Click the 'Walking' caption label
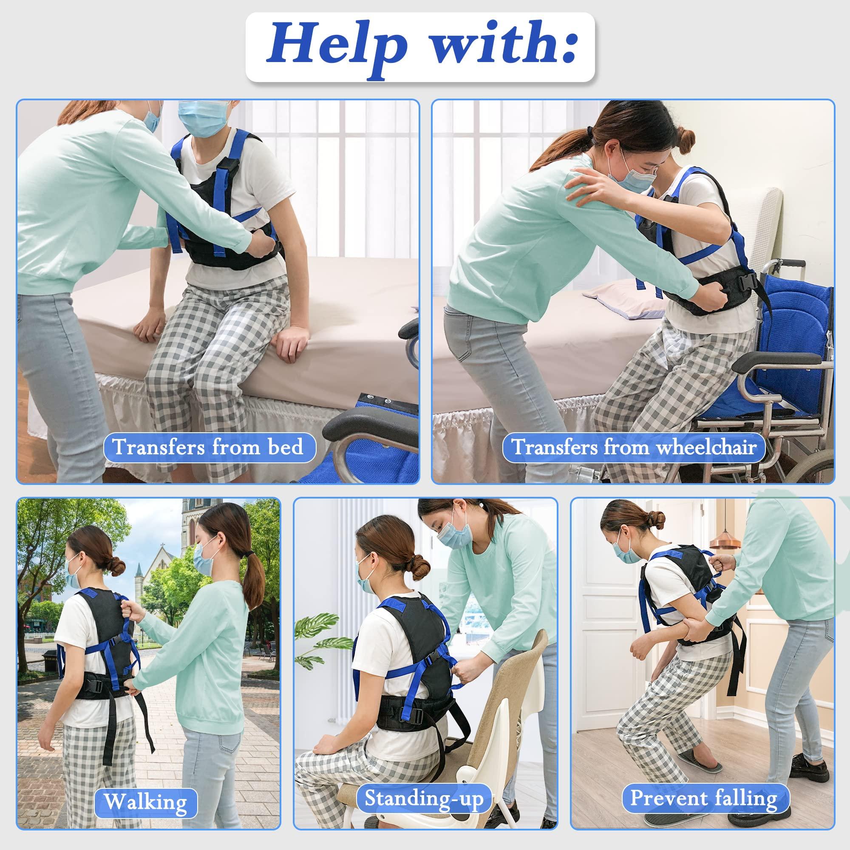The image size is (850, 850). coord(145,790)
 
